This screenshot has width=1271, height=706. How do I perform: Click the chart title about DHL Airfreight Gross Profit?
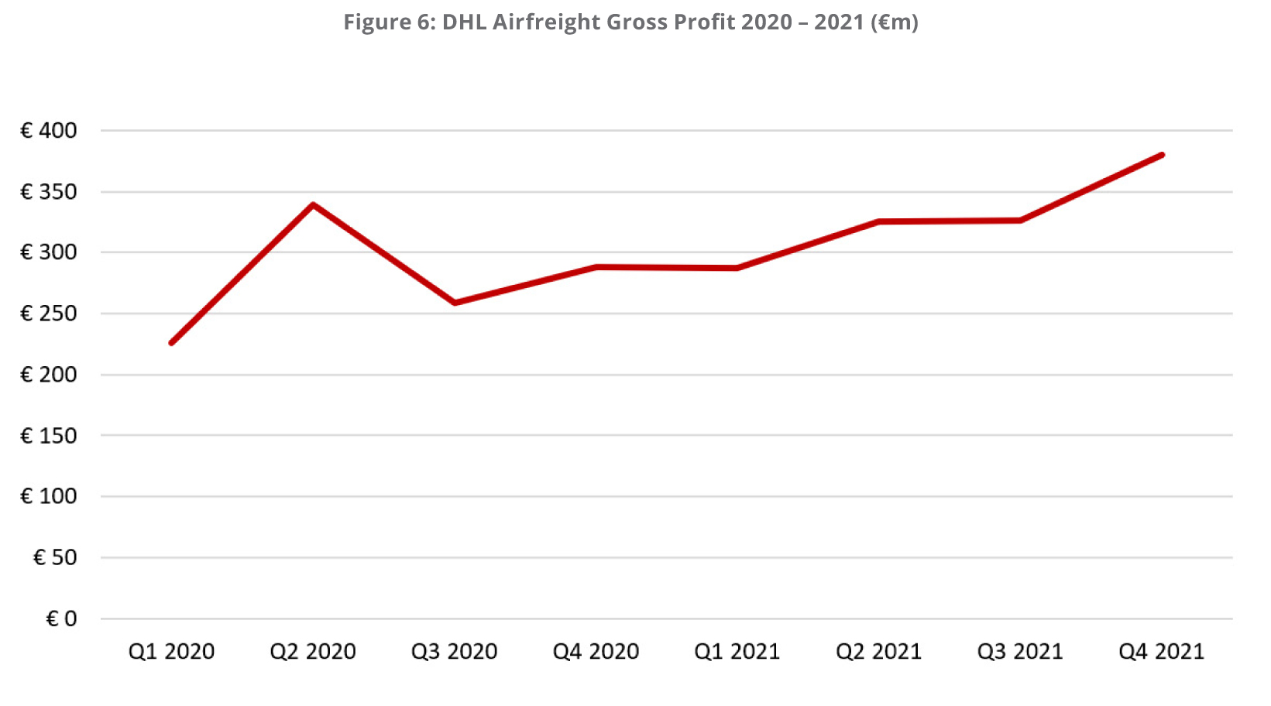point(630,22)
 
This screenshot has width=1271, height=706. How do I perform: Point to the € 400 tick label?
point(49,131)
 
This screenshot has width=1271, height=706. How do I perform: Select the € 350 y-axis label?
point(49,192)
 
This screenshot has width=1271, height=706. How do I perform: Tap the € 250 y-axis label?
point(49,314)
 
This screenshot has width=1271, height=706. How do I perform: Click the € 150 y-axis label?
point(49,436)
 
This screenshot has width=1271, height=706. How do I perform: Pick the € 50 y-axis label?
point(55,557)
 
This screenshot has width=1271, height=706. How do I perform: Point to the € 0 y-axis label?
point(62,619)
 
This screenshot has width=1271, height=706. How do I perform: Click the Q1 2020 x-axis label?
point(171,652)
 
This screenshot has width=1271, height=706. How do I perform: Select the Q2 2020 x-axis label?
point(313,652)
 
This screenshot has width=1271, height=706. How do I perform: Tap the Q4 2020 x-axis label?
point(596,652)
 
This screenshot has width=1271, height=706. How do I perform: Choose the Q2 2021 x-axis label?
point(878,652)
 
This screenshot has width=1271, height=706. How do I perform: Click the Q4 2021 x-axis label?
point(1161,652)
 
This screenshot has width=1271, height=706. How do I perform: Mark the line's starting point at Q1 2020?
point(171,343)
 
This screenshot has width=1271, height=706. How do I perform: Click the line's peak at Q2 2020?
point(313,204)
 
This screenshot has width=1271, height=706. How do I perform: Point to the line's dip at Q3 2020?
point(455,303)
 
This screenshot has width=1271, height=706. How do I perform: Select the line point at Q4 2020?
point(596,267)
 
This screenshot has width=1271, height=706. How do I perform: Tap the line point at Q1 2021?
point(737,269)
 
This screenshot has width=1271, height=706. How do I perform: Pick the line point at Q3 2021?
point(1020,221)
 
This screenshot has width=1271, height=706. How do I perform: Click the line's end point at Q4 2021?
point(1162,155)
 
